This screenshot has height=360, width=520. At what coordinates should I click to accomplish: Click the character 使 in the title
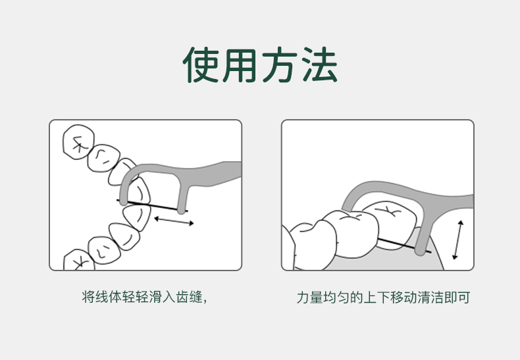(201, 64)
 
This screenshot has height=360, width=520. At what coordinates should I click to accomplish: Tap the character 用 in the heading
(240, 65)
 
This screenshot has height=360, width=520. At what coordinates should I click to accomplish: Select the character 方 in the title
(279, 64)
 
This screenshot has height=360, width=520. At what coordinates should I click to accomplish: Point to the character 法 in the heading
(320, 64)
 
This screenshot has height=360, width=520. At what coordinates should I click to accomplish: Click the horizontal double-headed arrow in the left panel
(174, 220)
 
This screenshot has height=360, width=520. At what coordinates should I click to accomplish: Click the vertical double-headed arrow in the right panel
(458, 240)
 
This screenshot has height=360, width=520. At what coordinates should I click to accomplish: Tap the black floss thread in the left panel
(152, 205)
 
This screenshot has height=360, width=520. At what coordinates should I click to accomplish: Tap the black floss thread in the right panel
(404, 245)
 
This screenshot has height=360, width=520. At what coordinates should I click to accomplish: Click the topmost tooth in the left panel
(78, 142)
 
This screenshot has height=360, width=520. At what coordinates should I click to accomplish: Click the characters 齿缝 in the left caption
(190, 297)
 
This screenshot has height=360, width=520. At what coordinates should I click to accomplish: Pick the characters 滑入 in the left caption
(162, 297)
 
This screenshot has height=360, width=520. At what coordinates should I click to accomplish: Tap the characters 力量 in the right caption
(310, 297)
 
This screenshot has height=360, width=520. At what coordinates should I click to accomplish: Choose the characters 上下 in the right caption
(377, 297)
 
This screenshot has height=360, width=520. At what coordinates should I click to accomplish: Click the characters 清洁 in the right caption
(430, 297)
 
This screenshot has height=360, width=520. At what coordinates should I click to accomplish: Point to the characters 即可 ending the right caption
(457, 297)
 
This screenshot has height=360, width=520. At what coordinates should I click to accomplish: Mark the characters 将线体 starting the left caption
(102, 297)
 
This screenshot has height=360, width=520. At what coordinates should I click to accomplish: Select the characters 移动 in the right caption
(403, 297)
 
